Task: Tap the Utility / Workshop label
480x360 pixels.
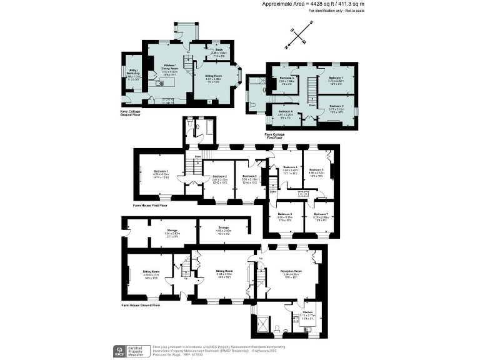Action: point(133,73)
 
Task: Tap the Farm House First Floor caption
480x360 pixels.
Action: point(150,205)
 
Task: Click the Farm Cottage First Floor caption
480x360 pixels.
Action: point(276,136)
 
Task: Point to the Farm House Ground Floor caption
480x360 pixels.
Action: point(141,305)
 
